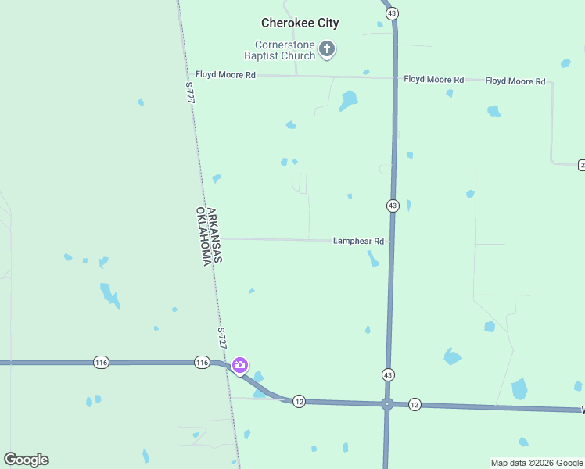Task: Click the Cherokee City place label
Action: [300, 23]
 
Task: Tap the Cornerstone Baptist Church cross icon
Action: [328, 50]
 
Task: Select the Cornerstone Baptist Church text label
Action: [279, 50]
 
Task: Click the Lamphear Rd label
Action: [358, 242]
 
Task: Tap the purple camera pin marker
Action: [240, 364]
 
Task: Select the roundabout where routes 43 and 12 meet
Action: [386, 404]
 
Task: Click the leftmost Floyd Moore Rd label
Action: [225, 75]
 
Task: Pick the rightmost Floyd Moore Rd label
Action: [515, 81]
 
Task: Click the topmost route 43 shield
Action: [392, 13]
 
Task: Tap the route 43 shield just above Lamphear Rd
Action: [393, 206]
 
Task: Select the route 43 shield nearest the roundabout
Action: [388, 375]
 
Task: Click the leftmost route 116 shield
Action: [100, 363]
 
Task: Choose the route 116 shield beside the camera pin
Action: [202, 363]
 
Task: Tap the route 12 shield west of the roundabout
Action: [299, 401]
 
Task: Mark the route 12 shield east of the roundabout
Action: [415, 404]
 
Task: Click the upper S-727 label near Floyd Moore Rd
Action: [190, 91]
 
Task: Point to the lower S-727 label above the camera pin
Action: [222, 338]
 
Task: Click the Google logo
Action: [26, 460]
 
